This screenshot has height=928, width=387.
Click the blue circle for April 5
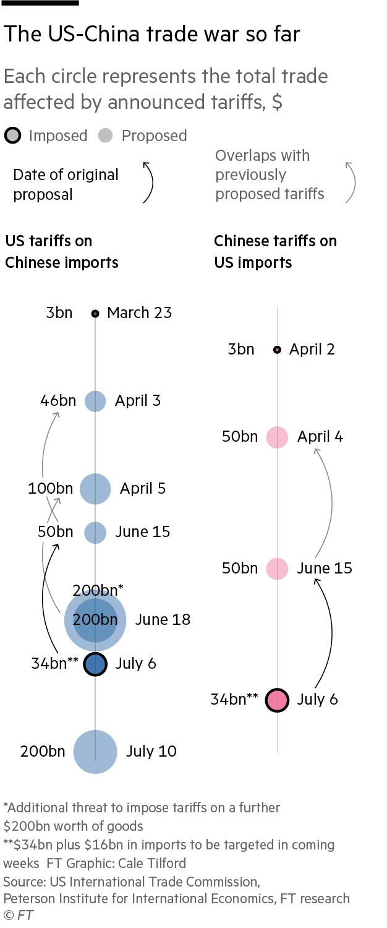[x=95, y=489]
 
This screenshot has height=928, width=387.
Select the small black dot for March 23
[x=95, y=314]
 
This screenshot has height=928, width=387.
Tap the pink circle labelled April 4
[x=277, y=437]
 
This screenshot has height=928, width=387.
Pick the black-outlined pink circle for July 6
[x=277, y=700]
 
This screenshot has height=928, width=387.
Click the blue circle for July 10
[x=95, y=752]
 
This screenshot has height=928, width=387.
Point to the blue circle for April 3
[x=95, y=401]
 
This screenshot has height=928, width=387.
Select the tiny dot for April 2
[x=277, y=350]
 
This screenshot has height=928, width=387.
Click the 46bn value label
[x=58, y=401]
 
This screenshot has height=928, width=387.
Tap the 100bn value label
[x=50, y=489]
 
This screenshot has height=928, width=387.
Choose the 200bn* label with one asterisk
[x=98, y=590]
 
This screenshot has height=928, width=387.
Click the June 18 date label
[x=163, y=619]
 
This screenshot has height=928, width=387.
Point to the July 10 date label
[x=151, y=752]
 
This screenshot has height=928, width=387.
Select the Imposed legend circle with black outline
[x=14, y=135]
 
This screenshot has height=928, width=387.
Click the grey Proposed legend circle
[x=106, y=135]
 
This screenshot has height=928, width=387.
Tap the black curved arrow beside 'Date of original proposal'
[x=148, y=183]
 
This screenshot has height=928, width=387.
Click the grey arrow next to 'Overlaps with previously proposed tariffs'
[x=351, y=183]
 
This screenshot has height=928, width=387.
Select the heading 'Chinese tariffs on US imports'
[x=275, y=251]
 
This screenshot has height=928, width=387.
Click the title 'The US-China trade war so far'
[x=152, y=34]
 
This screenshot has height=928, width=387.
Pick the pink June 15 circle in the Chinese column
[x=277, y=569]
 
